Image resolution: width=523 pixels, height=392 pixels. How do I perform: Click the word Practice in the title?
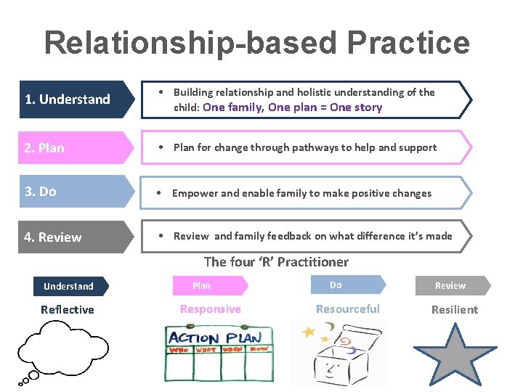click(408, 43)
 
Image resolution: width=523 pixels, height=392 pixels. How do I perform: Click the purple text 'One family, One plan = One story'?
click(293, 107)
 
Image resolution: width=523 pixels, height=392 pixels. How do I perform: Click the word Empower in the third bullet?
click(195, 193)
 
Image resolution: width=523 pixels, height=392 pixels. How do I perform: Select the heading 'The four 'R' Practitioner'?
click(276, 262)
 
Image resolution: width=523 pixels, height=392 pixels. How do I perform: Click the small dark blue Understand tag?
click(69, 286)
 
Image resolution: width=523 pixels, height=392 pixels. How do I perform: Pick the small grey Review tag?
click(451, 285)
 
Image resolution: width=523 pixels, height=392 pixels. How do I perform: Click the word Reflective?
click(68, 309)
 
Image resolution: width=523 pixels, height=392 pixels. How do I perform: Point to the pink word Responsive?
click(210, 309)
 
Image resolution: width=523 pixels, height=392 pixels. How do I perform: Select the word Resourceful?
click(347, 309)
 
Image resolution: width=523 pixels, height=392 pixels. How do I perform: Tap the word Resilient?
click(455, 309)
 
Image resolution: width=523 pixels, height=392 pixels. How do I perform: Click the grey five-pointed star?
click(453, 354)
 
